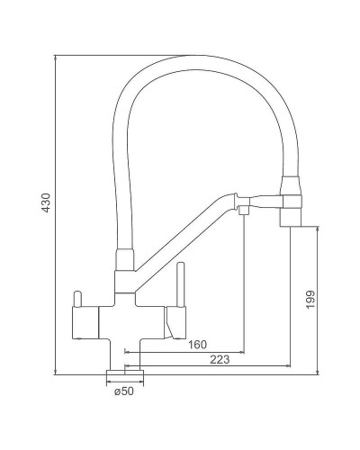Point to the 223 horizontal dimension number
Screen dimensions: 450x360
tap(218, 360)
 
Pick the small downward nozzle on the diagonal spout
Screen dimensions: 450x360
tap(243, 209)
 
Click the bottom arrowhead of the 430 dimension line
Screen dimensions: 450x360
tap(56, 371)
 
